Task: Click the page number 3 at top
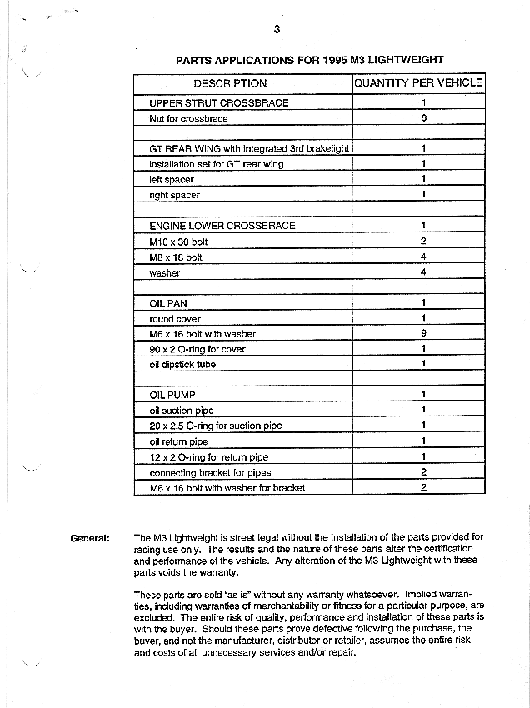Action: click(276, 30)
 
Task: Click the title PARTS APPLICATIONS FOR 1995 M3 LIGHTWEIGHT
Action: click(309, 59)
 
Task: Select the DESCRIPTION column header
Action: click(230, 83)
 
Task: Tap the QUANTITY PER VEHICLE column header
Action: click(417, 83)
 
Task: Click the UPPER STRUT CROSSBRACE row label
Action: click(218, 103)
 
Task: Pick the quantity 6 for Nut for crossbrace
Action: click(423, 118)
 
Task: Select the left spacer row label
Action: click(174, 179)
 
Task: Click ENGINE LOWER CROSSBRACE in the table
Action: click(222, 226)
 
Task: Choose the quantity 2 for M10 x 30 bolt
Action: click(423, 242)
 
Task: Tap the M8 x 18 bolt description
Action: click(175, 257)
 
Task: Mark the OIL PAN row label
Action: click(167, 303)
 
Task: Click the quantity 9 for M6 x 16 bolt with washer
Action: click(423, 334)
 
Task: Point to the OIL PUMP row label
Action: click(172, 395)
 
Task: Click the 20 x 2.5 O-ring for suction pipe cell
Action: click(215, 426)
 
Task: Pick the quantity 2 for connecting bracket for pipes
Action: click(423, 472)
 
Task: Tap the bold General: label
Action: click(90, 538)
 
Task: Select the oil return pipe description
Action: click(178, 441)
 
